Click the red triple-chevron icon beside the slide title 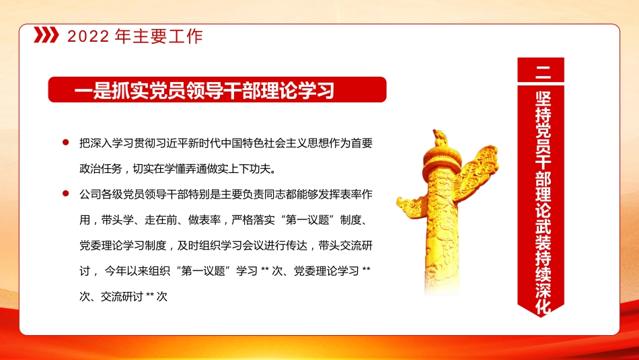pyautogui.click(x=46, y=36)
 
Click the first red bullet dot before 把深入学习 pyautogui.click(x=65, y=143)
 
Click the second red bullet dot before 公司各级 pyautogui.click(x=65, y=194)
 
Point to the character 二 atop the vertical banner pyautogui.click(x=541, y=70)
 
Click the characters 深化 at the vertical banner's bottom pyautogui.click(x=541, y=299)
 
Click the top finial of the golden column pyautogui.click(x=439, y=138)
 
